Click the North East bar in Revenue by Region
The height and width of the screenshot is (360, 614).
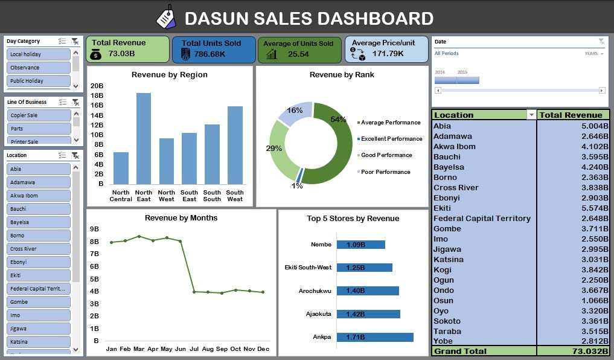tap(144, 139)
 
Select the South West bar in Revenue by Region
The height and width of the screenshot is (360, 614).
tap(235, 146)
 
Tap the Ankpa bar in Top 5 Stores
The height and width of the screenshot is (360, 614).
tap(375, 337)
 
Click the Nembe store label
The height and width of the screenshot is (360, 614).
tap(321, 245)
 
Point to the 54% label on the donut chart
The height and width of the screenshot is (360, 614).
tap(338, 120)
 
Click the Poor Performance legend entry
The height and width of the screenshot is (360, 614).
tap(385, 172)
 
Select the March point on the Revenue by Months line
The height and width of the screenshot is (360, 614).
tap(139, 236)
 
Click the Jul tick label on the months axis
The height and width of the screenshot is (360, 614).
tap(194, 349)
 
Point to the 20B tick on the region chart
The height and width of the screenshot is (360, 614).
tap(97, 86)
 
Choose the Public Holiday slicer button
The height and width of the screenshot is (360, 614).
tap(39, 81)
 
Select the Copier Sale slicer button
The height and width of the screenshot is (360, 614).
tap(39, 115)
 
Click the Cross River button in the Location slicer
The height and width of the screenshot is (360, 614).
tap(39, 249)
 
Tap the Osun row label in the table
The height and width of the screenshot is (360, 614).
tap(443, 301)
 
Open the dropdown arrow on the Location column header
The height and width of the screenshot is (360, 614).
tap(531, 115)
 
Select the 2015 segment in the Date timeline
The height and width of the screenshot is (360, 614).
tap(468, 80)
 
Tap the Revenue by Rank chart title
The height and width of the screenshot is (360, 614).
tap(342, 75)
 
